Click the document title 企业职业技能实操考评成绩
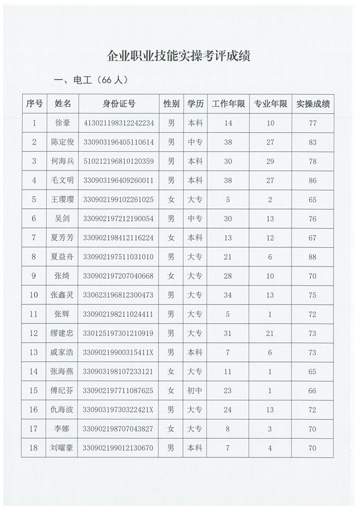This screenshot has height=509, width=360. tap(178, 56)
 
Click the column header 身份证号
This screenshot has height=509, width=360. tap(119, 103)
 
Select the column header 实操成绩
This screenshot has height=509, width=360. tap(313, 103)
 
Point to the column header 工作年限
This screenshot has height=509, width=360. tap(228, 103)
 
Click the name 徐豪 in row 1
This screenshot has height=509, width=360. tap(62, 123)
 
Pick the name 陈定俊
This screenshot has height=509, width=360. tap(62, 142)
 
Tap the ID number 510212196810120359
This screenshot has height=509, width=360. tap(118, 161)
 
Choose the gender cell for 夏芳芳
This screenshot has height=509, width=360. tap(171, 238)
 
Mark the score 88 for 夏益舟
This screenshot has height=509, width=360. tap(313, 257)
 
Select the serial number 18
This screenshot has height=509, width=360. tap(34, 448)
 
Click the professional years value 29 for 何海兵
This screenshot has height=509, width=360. tap(271, 161)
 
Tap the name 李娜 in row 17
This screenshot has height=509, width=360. tap(62, 429)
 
